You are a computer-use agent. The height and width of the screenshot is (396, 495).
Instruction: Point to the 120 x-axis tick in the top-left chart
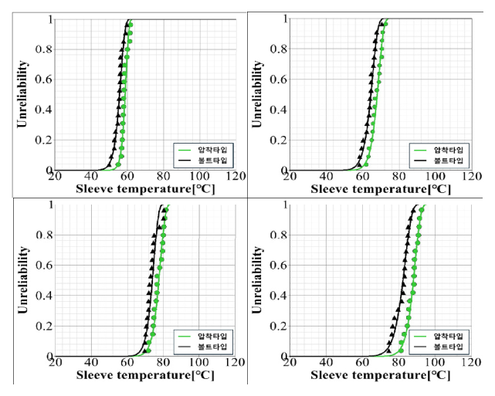click(x=236, y=177)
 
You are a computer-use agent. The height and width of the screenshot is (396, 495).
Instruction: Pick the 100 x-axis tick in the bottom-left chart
click(x=199, y=363)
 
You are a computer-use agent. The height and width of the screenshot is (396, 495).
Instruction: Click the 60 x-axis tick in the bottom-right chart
click(x=363, y=363)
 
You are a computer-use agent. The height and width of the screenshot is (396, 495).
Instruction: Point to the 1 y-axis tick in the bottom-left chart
click(x=49, y=205)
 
